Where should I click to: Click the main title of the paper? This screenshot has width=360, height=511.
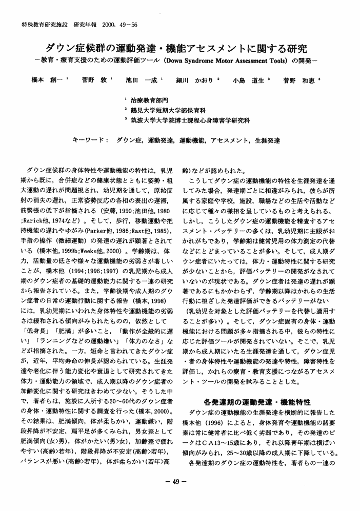coord(179,49)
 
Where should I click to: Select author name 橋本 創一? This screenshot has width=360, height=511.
coord(48,80)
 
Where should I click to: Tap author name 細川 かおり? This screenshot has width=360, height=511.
coord(197,80)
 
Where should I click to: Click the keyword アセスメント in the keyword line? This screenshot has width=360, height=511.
coord(229,139)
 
